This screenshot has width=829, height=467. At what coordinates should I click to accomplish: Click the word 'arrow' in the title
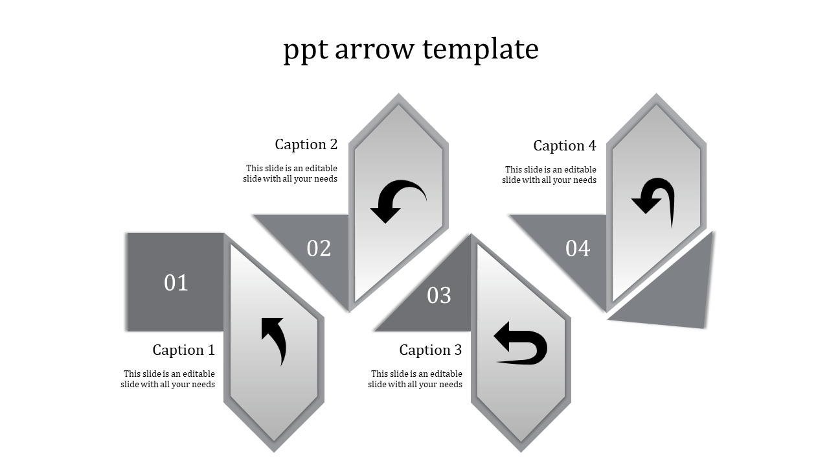[x=374, y=49]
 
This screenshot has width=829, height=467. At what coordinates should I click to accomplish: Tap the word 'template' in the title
[x=481, y=50]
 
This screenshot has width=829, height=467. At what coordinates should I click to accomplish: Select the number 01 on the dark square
[x=176, y=283]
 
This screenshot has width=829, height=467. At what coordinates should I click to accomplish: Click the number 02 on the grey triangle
[x=319, y=248]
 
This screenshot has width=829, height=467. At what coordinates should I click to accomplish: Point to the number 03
[x=439, y=295]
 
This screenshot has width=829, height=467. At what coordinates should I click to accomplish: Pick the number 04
[x=578, y=248]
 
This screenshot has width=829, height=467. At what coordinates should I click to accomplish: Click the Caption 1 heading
[x=183, y=350]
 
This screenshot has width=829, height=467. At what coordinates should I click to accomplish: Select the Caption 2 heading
[x=306, y=144]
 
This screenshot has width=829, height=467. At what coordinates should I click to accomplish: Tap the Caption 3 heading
[x=431, y=350]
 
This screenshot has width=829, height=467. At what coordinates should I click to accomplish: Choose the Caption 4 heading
[x=564, y=146]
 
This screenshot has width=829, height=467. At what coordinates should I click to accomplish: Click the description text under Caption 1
[x=168, y=379]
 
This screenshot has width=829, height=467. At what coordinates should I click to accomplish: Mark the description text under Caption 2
[x=290, y=173]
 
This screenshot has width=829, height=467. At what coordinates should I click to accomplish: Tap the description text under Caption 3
[x=415, y=379]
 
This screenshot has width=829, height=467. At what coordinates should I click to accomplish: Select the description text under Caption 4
[x=549, y=174]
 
